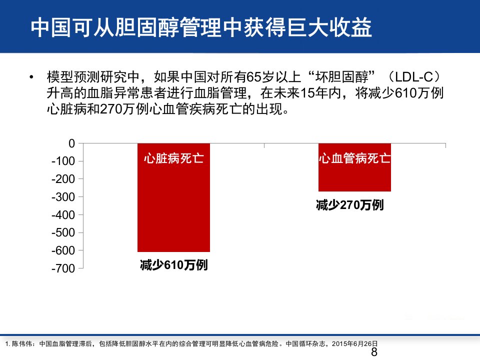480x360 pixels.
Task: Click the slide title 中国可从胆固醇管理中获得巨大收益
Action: coord(201,27)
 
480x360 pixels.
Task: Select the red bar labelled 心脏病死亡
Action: coord(173,197)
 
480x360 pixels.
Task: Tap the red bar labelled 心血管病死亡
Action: coord(354,167)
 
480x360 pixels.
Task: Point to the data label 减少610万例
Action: coord(173,265)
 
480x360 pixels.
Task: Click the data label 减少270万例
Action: coord(349,205)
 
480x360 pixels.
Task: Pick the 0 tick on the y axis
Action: coord(71,143)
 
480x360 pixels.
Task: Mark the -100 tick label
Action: coord(63,161)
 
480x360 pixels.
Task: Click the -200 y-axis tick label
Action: coord(63,179)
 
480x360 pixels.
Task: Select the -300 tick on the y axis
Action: coord(63,197)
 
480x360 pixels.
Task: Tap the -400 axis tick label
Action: coord(63,215)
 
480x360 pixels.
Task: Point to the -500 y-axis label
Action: coord(63,232)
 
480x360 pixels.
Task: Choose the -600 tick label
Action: coord(63,250)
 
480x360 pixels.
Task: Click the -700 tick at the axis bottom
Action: coord(63,268)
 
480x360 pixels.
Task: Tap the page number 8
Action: coord(374,352)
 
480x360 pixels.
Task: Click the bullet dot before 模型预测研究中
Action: coord(31,77)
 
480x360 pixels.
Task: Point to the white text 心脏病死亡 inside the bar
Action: coord(173,158)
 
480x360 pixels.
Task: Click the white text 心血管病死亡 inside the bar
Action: coord(354,158)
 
